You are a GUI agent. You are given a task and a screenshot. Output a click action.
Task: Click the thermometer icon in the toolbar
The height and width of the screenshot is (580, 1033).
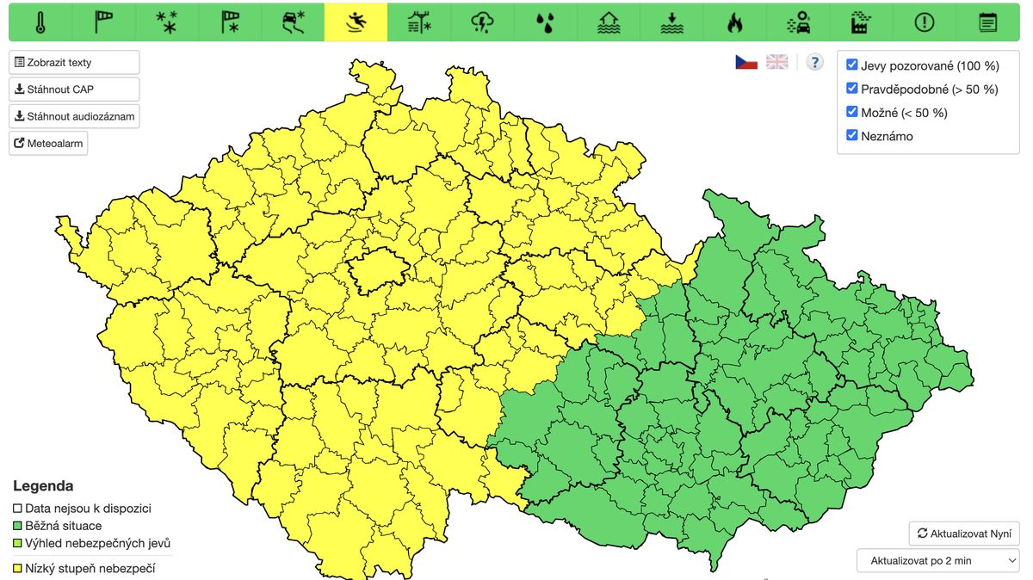[40, 22]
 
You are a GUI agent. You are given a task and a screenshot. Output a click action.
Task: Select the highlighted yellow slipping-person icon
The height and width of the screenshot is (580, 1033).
[356, 22]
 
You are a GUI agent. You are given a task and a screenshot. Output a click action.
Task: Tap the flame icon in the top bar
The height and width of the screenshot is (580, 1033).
[734, 22]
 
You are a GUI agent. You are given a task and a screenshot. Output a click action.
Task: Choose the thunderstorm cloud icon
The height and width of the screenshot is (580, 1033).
[482, 22]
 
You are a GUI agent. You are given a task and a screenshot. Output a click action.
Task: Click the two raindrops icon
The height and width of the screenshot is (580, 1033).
[545, 22]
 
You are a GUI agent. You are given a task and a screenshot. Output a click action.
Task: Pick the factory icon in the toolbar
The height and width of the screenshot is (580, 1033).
[861, 22]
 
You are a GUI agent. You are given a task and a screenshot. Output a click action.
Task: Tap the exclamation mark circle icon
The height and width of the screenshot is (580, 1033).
[925, 22]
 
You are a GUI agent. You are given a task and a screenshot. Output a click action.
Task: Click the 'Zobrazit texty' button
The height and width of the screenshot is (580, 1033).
[74, 63]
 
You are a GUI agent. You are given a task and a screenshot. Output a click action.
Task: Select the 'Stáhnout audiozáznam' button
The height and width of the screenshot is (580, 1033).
[74, 116]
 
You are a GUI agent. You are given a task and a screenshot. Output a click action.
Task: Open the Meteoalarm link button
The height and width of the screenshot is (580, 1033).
[48, 143]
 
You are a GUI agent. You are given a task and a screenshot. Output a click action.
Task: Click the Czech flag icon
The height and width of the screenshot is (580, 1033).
[746, 62]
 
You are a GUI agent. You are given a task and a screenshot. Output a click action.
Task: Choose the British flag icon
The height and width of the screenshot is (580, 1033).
[777, 62]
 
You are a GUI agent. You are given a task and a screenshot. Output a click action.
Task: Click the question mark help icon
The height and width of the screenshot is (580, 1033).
[814, 62]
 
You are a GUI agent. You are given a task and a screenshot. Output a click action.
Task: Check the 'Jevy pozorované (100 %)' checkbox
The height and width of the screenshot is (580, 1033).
[852, 65]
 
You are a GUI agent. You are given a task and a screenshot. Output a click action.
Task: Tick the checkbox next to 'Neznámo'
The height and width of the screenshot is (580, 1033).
[852, 136]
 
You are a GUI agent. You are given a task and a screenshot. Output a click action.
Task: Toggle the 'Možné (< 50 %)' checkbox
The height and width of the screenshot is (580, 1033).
[852, 113]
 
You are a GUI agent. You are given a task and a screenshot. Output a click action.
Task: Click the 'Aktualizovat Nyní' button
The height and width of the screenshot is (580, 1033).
[964, 534]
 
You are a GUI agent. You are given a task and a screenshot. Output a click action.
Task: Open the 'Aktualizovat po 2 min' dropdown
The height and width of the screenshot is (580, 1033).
[938, 560]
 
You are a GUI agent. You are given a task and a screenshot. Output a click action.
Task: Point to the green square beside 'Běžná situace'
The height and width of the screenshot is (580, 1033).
[18, 526]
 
